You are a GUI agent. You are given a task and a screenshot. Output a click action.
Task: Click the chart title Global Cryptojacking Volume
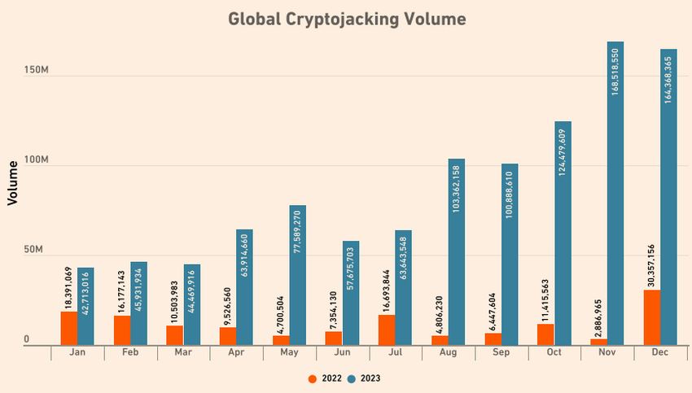click(347, 19)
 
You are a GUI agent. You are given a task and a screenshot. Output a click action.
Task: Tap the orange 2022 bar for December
click(651, 317)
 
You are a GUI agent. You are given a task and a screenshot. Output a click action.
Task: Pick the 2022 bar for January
click(69, 329)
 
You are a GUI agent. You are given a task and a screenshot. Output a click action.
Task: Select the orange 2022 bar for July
click(387, 330)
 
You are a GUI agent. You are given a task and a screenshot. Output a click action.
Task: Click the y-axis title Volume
click(13, 182)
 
